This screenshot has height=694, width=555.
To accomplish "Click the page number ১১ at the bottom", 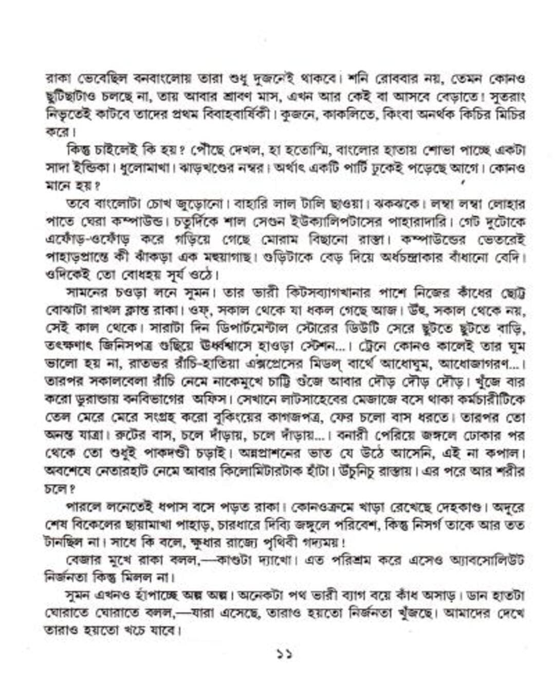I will click(284, 654).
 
